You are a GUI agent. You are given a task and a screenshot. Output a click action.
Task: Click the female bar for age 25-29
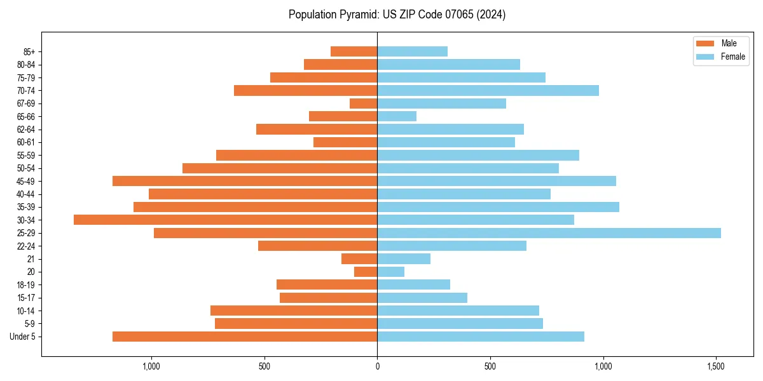point(549,233)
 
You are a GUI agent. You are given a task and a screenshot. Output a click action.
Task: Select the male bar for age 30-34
point(226,220)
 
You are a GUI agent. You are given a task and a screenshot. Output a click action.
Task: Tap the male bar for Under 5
point(245,337)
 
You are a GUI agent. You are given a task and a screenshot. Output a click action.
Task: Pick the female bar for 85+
point(412,51)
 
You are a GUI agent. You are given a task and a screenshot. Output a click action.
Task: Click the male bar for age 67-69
point(364,104)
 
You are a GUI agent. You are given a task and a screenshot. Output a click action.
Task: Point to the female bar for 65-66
point(397,116)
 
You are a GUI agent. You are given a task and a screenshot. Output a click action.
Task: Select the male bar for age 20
point(366,272)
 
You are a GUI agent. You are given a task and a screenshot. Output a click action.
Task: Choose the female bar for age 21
point(404,259)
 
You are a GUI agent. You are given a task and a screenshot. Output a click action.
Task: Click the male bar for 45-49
point(245,181)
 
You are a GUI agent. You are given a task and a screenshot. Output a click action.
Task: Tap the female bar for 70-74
point(488,90)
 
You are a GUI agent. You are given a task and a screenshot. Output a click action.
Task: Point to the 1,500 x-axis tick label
point(716,366)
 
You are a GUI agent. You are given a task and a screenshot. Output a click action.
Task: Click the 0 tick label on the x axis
point(377,366)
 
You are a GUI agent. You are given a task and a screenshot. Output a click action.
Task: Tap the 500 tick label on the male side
point(265,366)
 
